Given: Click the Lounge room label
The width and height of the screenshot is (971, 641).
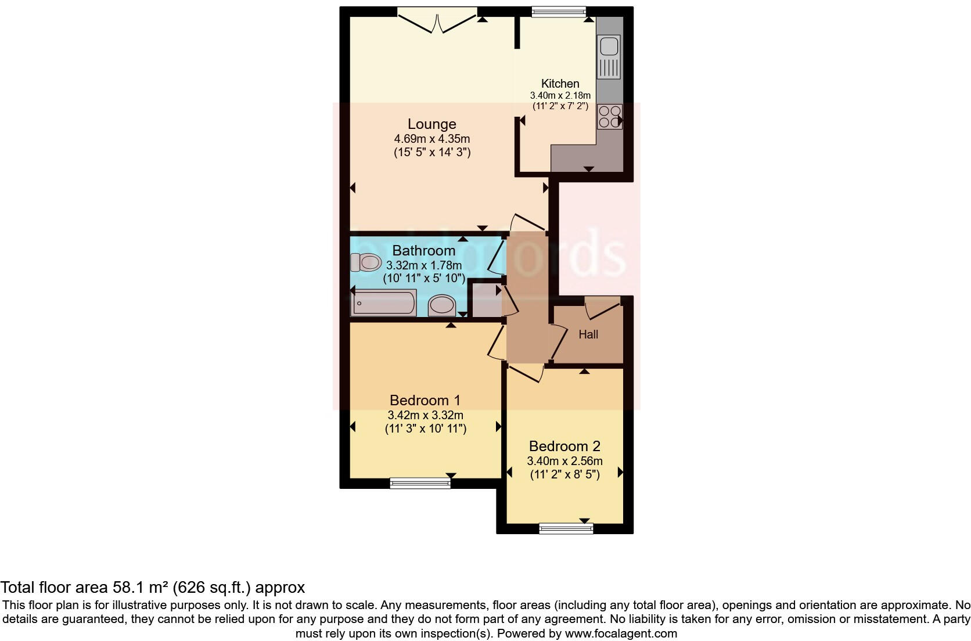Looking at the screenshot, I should pyautogui.click(x=431, y=124).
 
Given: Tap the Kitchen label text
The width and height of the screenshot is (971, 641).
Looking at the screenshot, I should pyautogui.click(x=560, y=84).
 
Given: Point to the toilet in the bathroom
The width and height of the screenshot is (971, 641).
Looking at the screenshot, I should pyautogui.click(x=365, y=263).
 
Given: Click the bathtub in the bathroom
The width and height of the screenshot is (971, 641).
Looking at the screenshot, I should pyautogui.click(x=383, y=304).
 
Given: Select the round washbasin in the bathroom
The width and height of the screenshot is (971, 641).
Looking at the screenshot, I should pyautogui.click(x=443, y=305).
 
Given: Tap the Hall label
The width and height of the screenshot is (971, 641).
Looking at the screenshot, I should pyautogui.click(x=588, y=334).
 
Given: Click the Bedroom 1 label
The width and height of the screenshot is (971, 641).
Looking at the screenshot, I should pyautogui.click(x=425, y=400).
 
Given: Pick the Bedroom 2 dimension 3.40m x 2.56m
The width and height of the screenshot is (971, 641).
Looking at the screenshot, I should pyautogui.click(x=564, y=461).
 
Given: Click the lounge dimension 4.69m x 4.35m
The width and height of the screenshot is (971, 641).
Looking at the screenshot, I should pyautogui.click(x=431, y=139).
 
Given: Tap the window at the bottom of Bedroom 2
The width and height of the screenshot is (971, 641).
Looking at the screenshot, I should pyautogui.click(x=566, y=528).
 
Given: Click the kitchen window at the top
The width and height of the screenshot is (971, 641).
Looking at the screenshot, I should pyautogui.click(x=559, y=10).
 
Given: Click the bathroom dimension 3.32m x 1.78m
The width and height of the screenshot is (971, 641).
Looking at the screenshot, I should pyautogui.click(x=424, y=265).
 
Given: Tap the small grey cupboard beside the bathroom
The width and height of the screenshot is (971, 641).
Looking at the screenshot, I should pyautogui.click(x=484, y=299).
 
